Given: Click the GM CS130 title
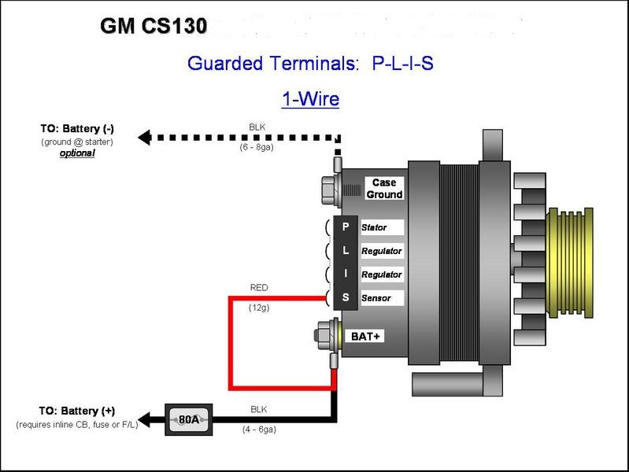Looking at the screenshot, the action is tap(154, 26).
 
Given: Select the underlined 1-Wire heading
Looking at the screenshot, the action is tap(310, 99).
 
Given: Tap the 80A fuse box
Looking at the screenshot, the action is tap(188, 419).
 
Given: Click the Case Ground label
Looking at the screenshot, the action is tap(384, 189).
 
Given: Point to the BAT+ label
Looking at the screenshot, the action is tap(365, 336).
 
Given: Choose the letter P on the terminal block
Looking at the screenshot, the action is tap(346, 227).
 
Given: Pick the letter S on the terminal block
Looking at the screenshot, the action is tap(346, 297).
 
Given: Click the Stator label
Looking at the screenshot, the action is tap(374, 227).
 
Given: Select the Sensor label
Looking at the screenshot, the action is tap(376, 298).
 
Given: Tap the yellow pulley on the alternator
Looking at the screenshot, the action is tap(571, 263).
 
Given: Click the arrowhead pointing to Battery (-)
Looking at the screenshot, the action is tap(144, 138).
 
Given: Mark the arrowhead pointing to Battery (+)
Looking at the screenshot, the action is tap(144, 420).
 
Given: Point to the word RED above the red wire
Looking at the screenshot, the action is tap(259, 288).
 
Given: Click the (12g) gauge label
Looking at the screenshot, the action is tap(259, 308).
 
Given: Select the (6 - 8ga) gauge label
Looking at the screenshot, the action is tap(257, 147).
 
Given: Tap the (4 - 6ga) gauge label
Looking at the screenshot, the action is tap(259, 430).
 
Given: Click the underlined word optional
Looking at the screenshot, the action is tap(77, 153).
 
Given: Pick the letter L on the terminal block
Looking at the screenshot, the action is tap(346, 250).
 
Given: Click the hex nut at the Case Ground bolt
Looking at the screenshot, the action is tap(328, 190).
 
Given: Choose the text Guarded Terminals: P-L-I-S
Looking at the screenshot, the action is tap(310, 64).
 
